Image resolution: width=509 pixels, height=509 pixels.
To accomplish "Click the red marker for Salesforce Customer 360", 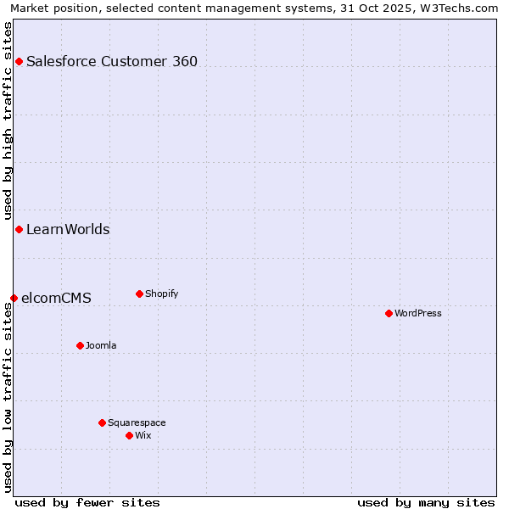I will click(19, 61).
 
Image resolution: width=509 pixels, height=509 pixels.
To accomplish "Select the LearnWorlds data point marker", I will click(19, 229).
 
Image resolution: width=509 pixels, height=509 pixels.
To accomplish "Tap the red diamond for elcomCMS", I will click(14, 298).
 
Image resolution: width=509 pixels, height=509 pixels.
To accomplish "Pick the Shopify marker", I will click(139, 294).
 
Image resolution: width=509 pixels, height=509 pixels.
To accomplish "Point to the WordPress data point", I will click(389, 313).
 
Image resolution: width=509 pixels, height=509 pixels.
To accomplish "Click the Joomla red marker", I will click(80, 345).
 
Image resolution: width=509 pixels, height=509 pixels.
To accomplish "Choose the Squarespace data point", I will click(102, 422).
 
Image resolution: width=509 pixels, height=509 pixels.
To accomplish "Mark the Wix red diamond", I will click(129, 435).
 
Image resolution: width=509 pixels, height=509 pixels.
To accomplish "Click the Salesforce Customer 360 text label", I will click(112, 61).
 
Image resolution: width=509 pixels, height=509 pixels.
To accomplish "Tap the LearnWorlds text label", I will click(68, 229).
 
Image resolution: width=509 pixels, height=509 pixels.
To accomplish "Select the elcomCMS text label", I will click(56, 298).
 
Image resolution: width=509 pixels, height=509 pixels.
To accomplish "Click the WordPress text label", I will click(418, 313).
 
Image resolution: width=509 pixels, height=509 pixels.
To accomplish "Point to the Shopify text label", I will click(161, 294).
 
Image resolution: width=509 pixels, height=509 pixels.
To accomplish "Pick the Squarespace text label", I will click(137, 422).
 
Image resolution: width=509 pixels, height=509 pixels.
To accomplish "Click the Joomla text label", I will click(101, 345).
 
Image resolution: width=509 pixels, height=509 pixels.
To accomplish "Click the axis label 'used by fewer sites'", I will click(87, 502).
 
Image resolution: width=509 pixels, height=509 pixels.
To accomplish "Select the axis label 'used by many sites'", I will click(426, 502).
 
